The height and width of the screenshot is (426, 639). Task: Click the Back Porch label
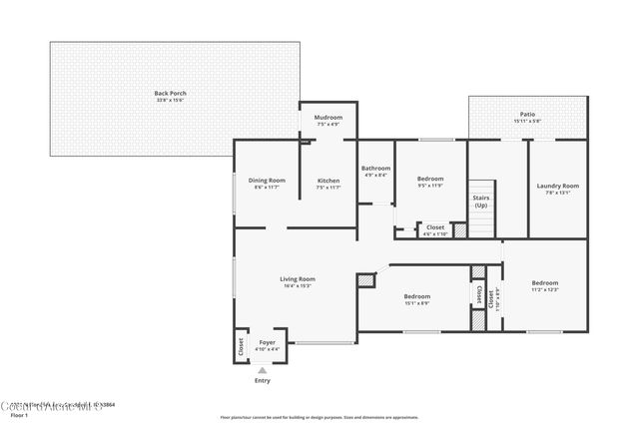(172, 94)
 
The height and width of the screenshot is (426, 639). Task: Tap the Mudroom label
(328, 118)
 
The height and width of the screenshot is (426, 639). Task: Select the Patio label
(527, 115)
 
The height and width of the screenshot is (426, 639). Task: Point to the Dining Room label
(267, 181)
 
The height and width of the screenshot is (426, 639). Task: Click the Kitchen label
(328, 181)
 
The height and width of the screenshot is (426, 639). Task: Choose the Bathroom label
(375, 169)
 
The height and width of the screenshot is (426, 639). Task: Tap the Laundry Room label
(557, 186)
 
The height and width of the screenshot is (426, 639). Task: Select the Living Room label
(298, 278)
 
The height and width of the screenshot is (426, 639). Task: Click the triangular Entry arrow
(263, 370)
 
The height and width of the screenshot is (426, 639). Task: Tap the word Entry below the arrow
(263, 381)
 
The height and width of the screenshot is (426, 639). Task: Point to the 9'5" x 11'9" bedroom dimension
(430, 186)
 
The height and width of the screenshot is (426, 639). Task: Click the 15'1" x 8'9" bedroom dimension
(416, 303)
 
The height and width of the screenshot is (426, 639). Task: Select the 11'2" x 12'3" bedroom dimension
(545, 289)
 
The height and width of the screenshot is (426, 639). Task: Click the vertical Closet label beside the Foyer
(241, 345)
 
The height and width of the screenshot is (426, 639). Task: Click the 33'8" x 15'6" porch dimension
(172, 100)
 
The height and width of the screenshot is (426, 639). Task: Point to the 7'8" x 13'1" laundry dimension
(557, 193)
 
